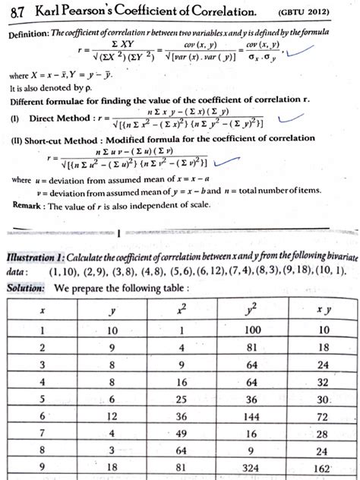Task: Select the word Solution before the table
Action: pyautogui.click(x=25, y=289)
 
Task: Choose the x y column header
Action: pyautogui.click(x=326, y=310)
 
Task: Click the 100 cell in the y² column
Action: pyautogui.click(x=253, y=331)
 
